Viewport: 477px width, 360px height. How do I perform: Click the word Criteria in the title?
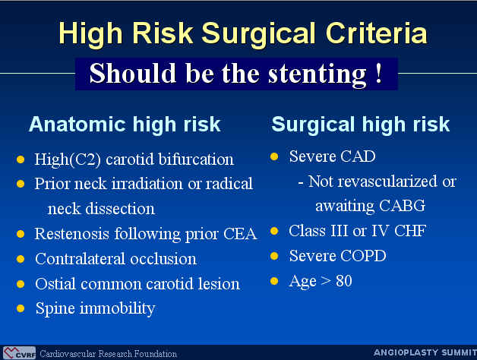click(x=376, y=33)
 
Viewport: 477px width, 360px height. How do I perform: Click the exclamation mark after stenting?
click(x=379, y=72)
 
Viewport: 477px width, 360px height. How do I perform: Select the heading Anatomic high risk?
click(x=125, y=124)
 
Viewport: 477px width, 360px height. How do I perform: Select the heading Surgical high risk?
click(x=361, y=124)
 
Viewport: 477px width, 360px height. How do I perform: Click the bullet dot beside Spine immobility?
click(x=21, y=308)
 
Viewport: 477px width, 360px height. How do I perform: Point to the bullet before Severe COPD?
click(x=274, y=256)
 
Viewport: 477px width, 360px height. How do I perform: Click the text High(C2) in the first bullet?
click(x=68, y=159)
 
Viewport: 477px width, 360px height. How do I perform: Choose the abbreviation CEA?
click(x=240, y=234)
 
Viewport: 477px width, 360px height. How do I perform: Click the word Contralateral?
click(x=80, y=259)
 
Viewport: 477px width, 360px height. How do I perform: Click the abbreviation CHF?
click(x=410, y=231)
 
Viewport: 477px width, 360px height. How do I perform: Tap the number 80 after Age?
click(x=344, y=280)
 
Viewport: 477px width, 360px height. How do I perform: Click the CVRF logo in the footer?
click(x=19, y=353)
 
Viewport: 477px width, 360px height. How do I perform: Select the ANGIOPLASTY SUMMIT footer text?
click(x=425, y=352)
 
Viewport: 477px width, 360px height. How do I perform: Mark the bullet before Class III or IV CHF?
click(x=274, y=231)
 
